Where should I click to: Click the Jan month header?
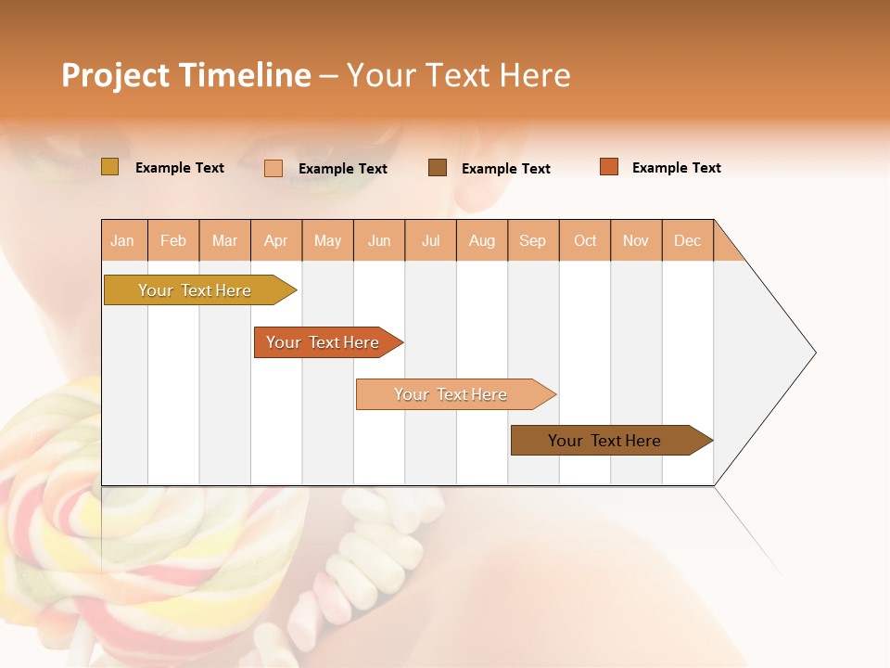tap(122, 240)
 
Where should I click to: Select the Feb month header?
tap(173, 240)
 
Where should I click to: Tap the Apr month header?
tap(275, 240)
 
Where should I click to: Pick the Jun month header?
tap(379, 240)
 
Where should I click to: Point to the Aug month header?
tap(481, 240)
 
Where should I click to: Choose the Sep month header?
tap(532, 240)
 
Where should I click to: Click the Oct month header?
tap(585, 240)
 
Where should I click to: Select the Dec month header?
tap(687, 240)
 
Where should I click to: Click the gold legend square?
tap(109, 167)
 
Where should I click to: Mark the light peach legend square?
tap(273, 168)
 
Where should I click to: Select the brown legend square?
tap(438, 168)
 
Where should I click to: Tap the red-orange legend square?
tap(609, 167)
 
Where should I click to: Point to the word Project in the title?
tap(115, 75)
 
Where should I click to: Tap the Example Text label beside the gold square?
tap(180, 168)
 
